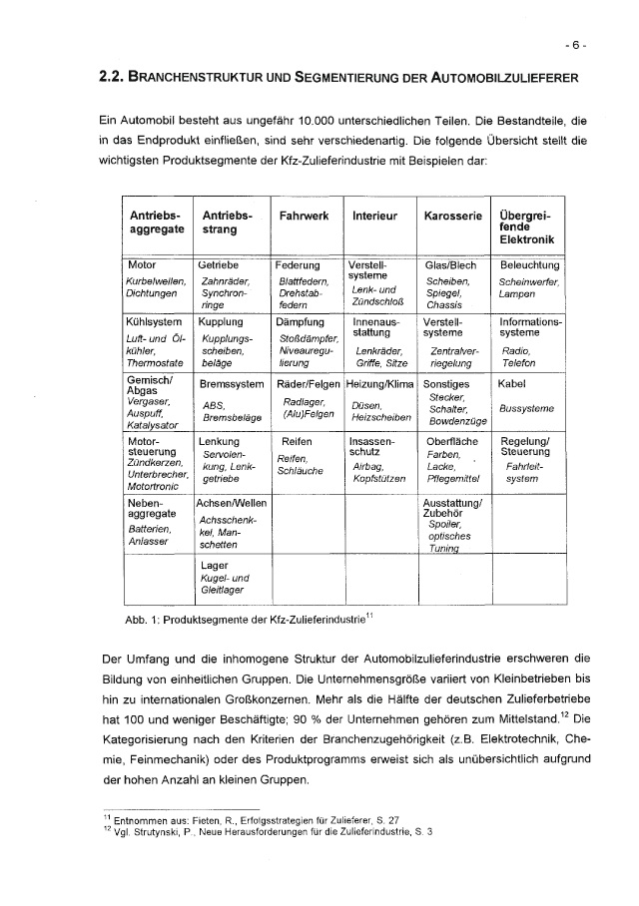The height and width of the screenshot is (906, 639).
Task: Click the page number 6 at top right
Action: (576, 45)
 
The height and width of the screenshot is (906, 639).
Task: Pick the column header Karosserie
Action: (453, 216)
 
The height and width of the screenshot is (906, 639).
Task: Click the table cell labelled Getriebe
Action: (217, 266)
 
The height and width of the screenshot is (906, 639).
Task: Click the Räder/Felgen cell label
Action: (307, 383)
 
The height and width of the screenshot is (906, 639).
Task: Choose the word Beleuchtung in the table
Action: (529, 266)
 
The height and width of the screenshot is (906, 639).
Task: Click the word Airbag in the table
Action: (368, 466)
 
